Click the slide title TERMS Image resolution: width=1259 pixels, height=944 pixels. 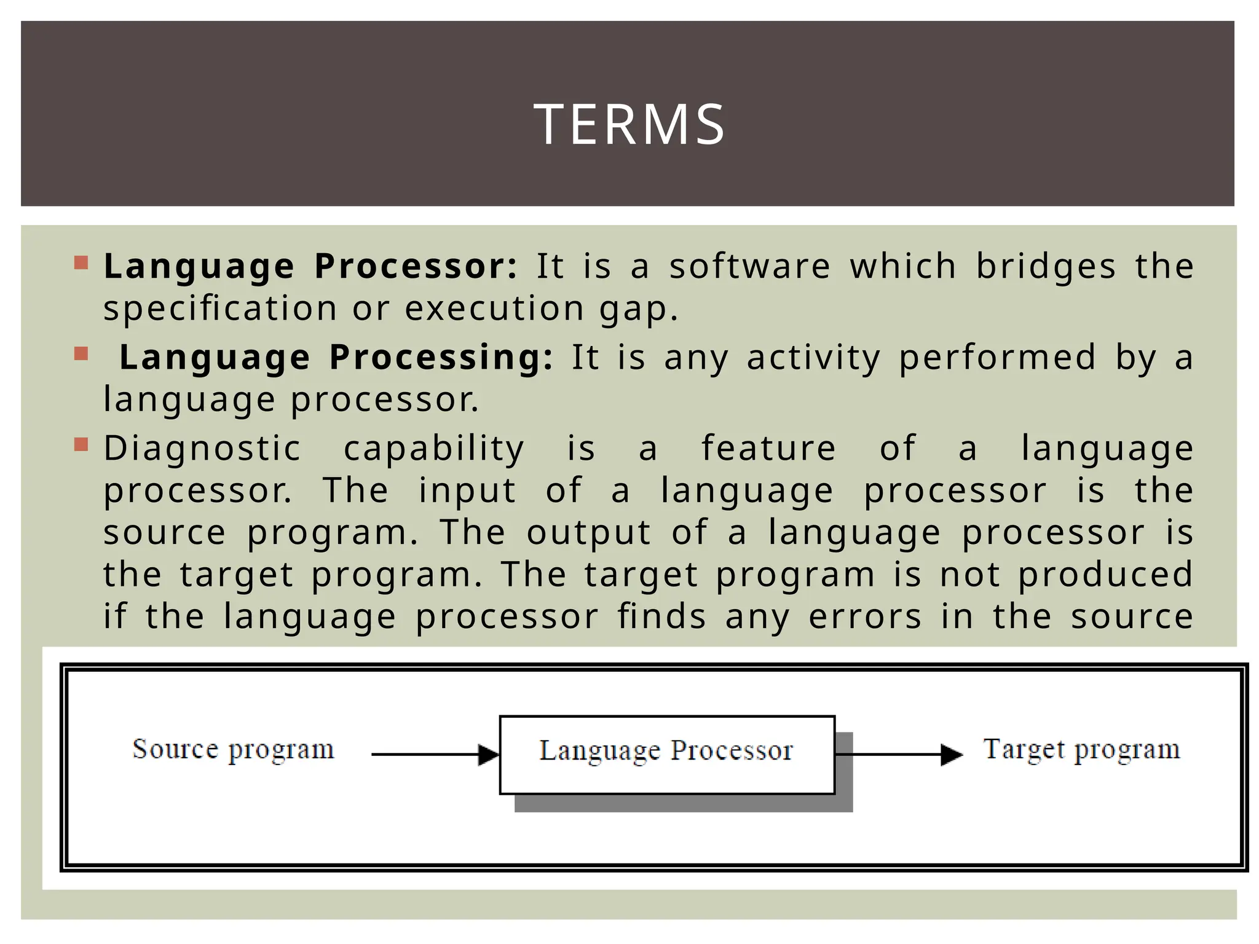click(x=629, y=125)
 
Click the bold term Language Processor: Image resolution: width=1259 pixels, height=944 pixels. click(x=310, y=267)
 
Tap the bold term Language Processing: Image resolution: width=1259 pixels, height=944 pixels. click(x=336, y=358)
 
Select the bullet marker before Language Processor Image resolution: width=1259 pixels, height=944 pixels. click(x=81, y=264)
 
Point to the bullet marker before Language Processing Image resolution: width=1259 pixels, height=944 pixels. click(x=81, y=355)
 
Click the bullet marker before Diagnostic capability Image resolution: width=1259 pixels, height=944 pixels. click(x=81, y=444)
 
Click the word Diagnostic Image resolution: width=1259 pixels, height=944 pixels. click(x=202, y=448)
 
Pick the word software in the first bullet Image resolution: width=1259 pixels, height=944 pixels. click(x=749, y=267)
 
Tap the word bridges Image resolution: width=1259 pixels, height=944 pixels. click(x=1046, y=267)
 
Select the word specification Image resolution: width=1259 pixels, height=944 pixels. click(x=220, y=309)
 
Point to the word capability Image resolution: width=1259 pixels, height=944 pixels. click(x=433, y=448)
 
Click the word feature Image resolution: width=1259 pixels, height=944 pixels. click(x=768, y=448)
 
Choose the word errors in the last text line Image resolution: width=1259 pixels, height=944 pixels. click(x=865, y=616)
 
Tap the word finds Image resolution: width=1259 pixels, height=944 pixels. click(x=661, y=616)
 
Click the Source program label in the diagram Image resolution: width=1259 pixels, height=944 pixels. click(x=233, y=750)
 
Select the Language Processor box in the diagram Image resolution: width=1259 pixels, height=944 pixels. click(x=666, y=754)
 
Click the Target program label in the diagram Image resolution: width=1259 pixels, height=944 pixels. click(x=1081, y=750)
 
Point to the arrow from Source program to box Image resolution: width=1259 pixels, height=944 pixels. click(x=435, y=755)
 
